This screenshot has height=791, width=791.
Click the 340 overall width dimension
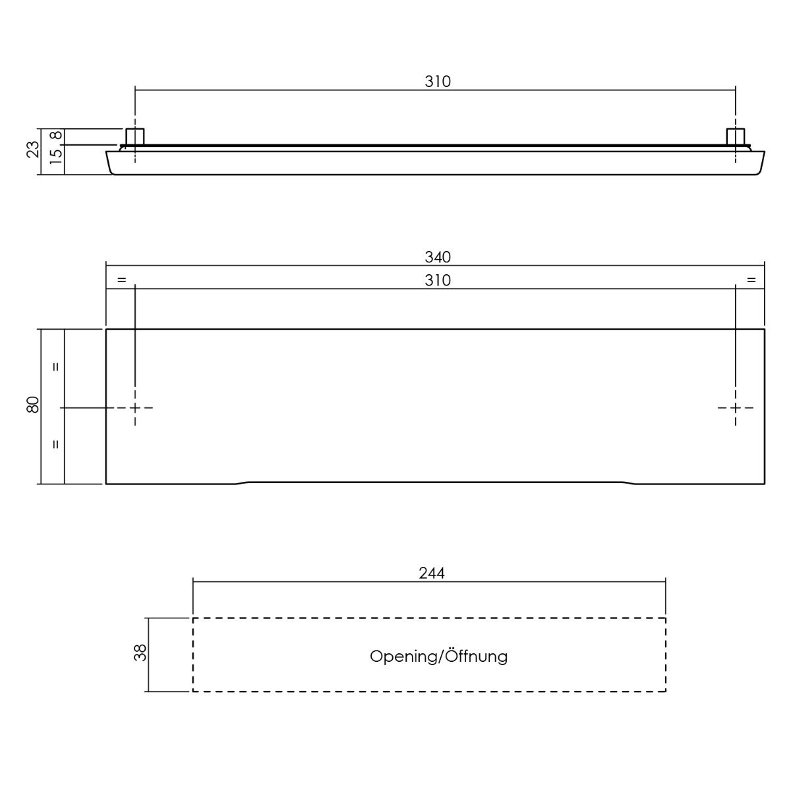pos(438,257)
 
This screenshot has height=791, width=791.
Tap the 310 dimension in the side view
pos(438,82)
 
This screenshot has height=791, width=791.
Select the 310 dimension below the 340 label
pos(438,281)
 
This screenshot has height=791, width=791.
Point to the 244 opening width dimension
pos(432,573)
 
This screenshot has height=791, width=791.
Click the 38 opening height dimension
pos(140,653)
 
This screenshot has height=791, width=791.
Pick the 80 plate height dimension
pos(33,405)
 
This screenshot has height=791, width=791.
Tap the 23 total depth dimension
pos(33,149)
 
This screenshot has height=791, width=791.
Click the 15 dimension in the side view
pos(57,156)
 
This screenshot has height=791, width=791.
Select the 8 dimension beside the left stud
pos(57,136)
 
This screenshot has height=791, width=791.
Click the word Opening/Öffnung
pos(438,657)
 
